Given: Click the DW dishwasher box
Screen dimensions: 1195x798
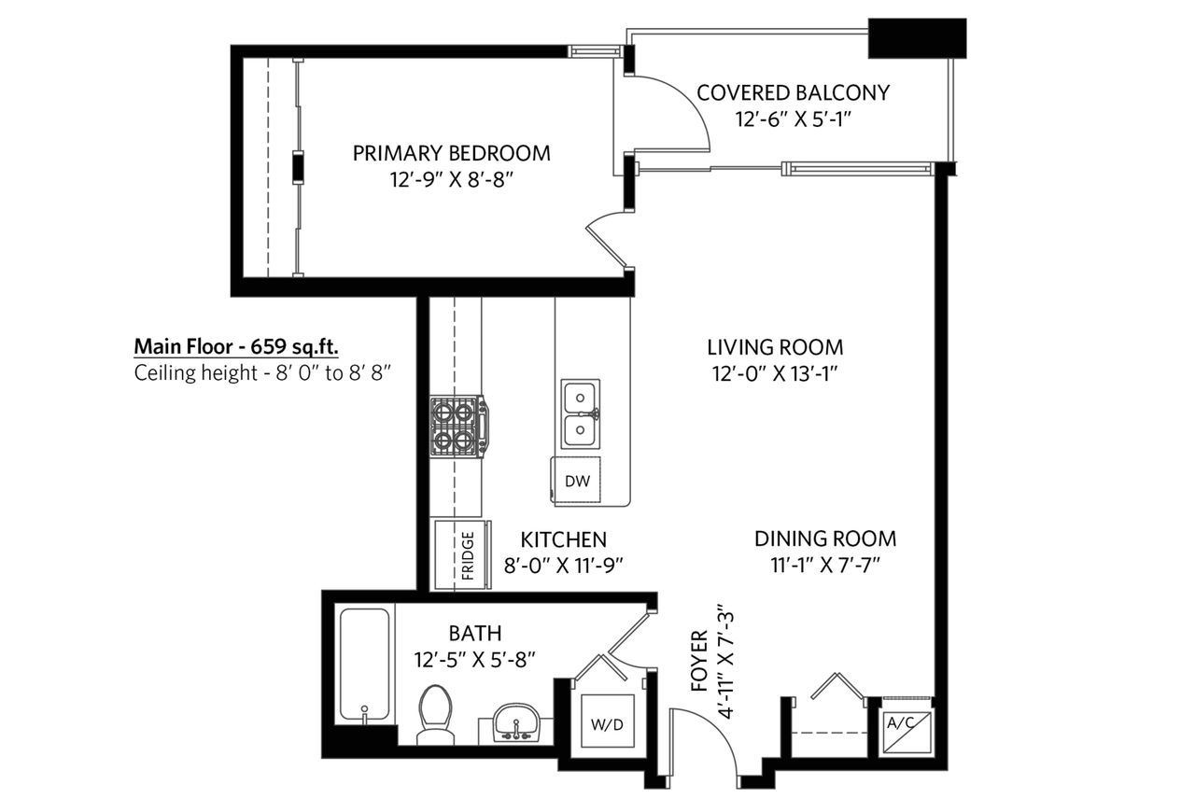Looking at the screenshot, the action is pyautogui.click(x=576, y=480).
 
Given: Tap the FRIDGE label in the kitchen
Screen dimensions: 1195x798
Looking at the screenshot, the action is pyautogui.click(x=468, y=555).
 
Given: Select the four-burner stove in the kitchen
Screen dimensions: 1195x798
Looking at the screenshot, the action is pyautogui.click(x=458, y=427).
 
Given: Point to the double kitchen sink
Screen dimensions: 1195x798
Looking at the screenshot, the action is pyautogui.click(x=581, y=414).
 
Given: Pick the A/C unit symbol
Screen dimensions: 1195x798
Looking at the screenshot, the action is pyautogui.click(x=907, y=733).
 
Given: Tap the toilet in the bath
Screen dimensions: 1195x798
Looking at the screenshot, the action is pyautogui.click(x=435, y=714).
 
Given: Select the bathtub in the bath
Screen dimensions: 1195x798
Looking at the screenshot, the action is pyautogui.click(x=364, y=665).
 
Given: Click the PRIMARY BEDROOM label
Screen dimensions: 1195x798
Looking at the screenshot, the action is pyautogui.click(x=451, y=154).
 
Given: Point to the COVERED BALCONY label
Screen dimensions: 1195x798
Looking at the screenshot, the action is pyautogui.click(x=793, y=92).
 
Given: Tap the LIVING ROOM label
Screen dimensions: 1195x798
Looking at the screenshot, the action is pyautogui.click(x=775, y=347).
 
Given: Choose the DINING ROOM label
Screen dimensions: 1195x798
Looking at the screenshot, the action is pyautogui.click(x=825, y=539).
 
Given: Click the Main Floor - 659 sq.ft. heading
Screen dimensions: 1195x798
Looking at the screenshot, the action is pyautogui.click(x=236, y=346).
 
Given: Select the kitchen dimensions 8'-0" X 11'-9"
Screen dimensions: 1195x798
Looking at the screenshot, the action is pyautogui.click(x=564, y=566).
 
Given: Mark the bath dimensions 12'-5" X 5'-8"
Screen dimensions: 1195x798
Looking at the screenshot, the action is pyautogui.click(x=475, y=661).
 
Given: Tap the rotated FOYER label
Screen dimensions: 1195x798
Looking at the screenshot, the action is pyautogui.click(x=699, y=661).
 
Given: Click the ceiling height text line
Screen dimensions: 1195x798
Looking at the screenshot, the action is pyautogui.click(x=262, y=372).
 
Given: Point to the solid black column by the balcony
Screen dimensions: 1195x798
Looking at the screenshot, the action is pyautogui.click(x=917, y=38).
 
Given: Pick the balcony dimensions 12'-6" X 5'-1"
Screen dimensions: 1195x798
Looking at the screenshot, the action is pyautogui.click(x=793, y=119).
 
